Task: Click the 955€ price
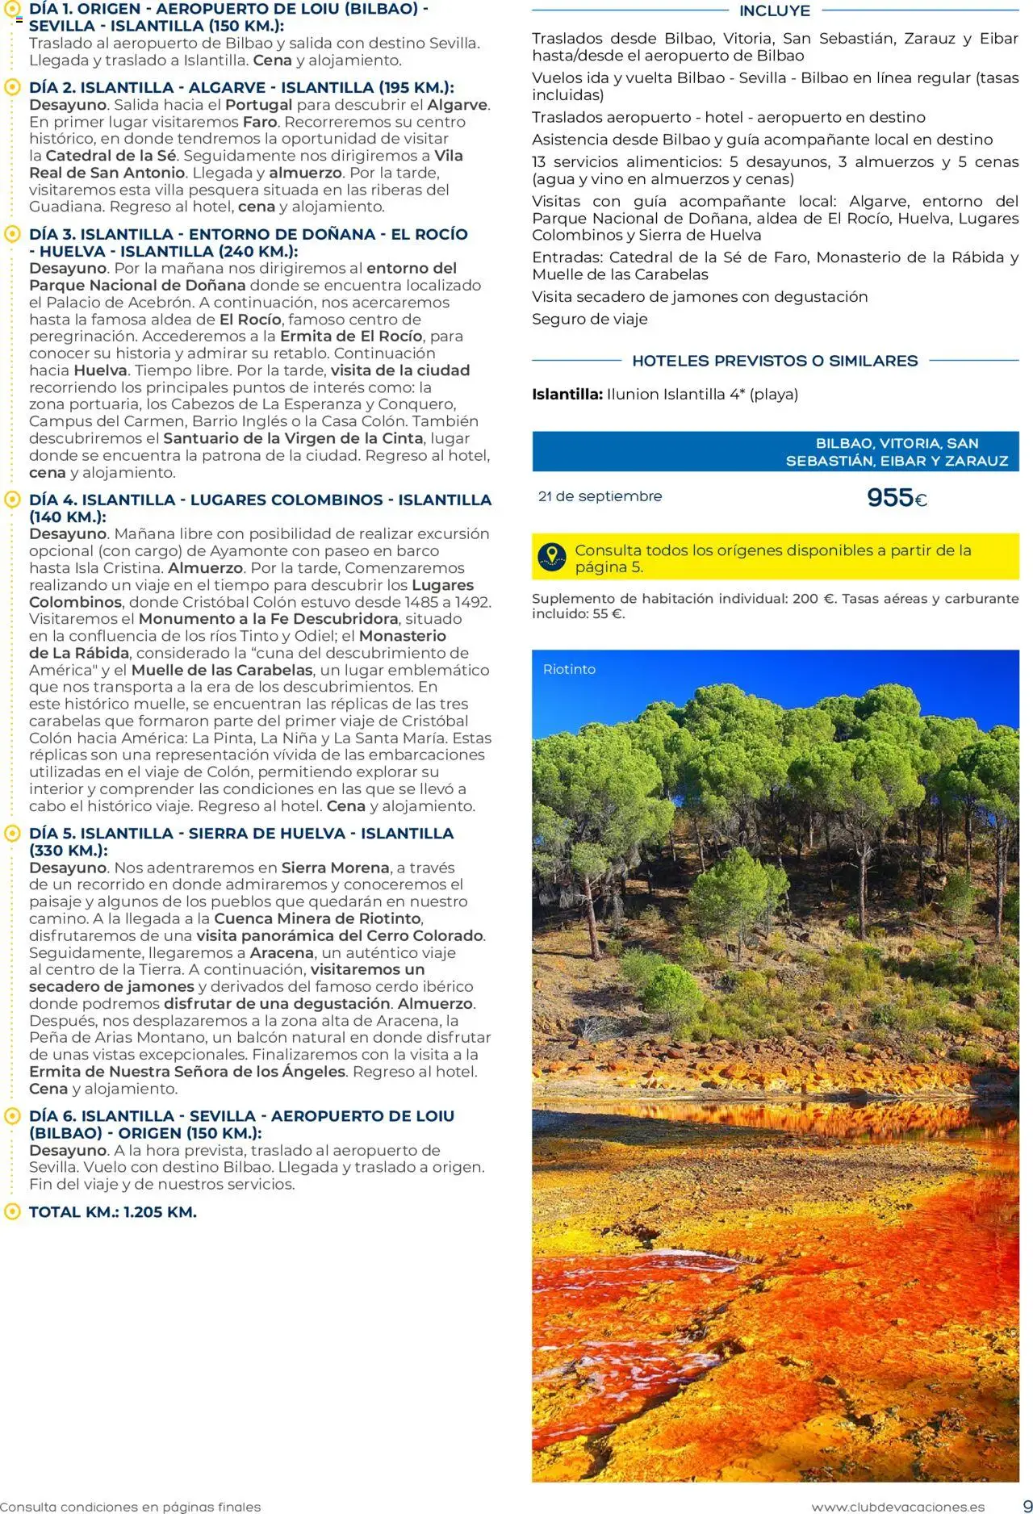(897, 498)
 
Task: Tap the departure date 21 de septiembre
(600, 496)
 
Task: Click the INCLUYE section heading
(775, 11)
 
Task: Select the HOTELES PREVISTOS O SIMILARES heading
(775, 361)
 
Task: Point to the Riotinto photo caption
(569, 669)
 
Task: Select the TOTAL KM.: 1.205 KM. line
(113, 1211)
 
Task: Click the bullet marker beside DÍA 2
(11, 88)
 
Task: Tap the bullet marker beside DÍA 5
(11, 834)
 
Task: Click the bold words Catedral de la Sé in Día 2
(111, 156)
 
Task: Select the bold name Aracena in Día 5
(282, 952)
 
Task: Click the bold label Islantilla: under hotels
(567, 395)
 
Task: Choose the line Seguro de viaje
(589, 319)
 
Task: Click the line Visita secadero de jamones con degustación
(700, 296)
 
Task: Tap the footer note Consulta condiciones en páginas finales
(131, 1506)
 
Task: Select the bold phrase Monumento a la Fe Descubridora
(268, 619)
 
